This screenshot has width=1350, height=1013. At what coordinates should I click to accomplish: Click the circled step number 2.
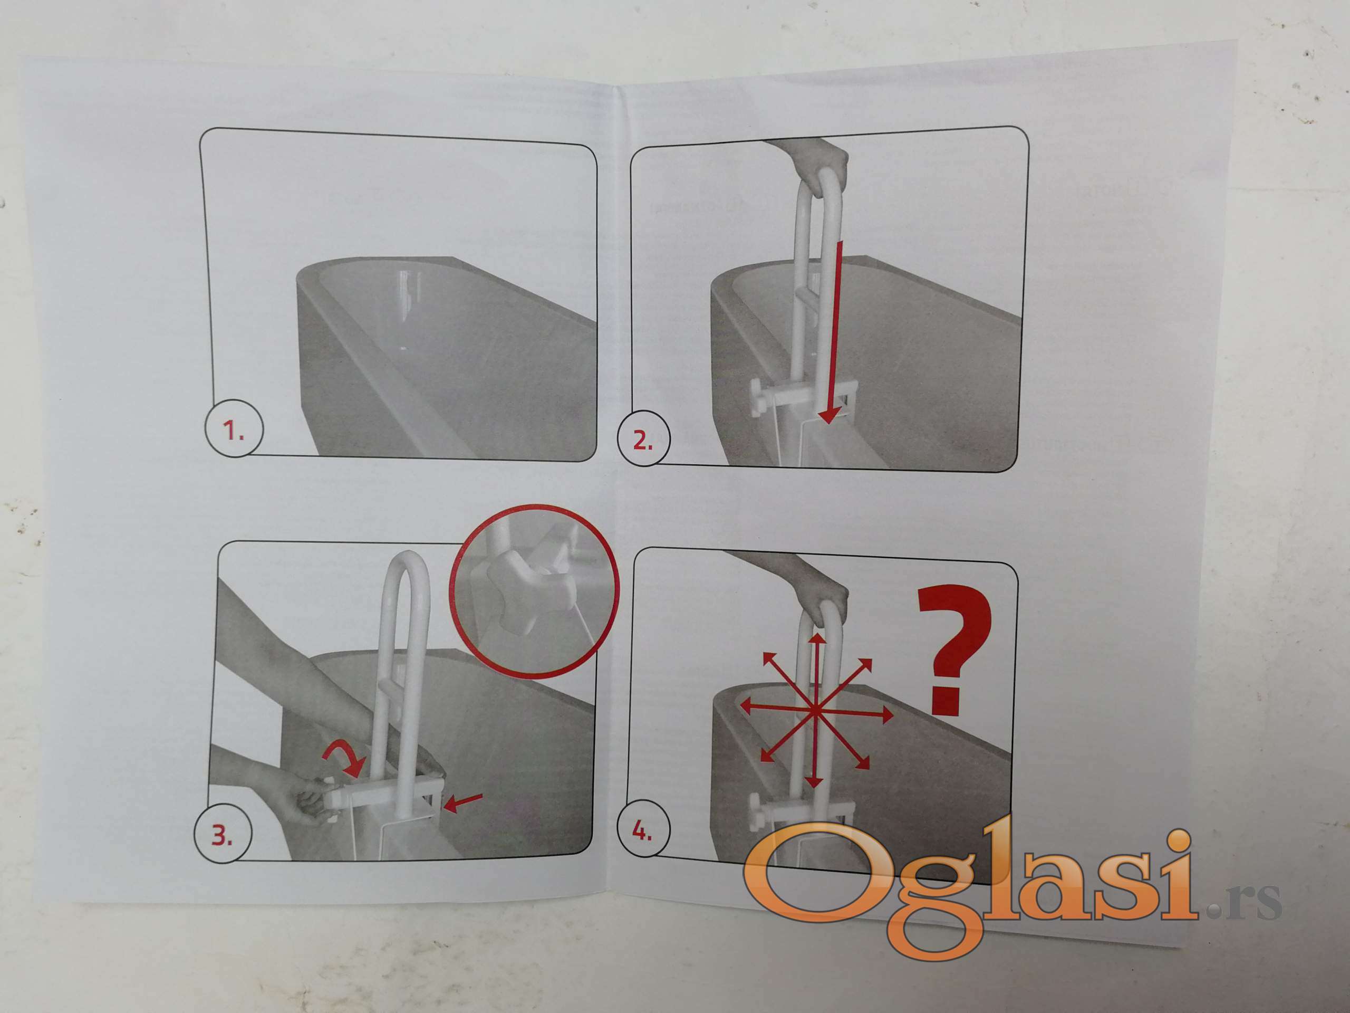pos(643,438)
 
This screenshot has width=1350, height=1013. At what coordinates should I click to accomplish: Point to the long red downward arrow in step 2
pos(833,333)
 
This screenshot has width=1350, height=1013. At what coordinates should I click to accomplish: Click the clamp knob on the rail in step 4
pos(757,812)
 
